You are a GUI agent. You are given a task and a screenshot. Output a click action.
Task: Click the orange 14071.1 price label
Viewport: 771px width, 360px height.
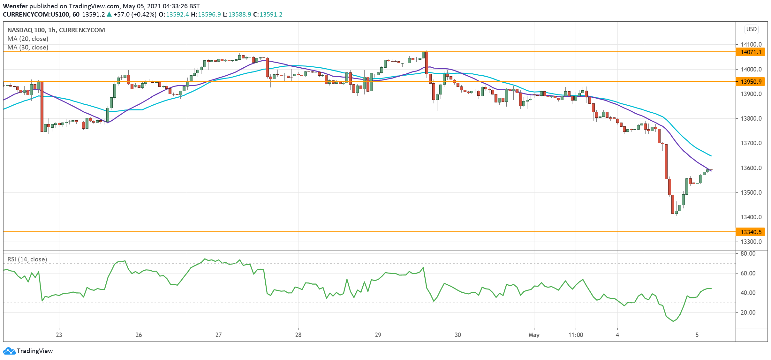(750, 52)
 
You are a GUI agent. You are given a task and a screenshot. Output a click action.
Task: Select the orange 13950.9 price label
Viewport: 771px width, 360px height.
(750, 82)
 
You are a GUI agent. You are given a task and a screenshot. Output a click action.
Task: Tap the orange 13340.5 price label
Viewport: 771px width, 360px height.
(750, 232)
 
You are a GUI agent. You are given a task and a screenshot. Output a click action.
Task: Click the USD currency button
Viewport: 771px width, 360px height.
(751, 29)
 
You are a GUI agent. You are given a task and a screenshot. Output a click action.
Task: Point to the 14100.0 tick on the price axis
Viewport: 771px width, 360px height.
(751, 44)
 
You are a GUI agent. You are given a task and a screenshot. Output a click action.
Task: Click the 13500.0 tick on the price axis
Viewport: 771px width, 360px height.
(751, 192)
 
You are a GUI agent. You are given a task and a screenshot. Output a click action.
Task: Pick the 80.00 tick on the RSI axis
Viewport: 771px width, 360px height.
(748, 253)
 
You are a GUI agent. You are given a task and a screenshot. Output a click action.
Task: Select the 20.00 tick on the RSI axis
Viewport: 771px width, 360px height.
(748, 312)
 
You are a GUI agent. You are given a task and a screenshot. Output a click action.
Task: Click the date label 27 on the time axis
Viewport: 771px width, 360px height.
(218, 335)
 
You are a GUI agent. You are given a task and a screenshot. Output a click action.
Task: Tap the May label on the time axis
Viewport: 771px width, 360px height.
(534, 335)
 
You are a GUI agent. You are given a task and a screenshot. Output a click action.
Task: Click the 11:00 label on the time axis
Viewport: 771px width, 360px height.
(576, 335)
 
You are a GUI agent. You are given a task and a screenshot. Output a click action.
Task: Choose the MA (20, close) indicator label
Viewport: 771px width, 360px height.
(28, 39)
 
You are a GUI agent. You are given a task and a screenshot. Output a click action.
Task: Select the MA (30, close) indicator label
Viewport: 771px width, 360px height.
(28, 47)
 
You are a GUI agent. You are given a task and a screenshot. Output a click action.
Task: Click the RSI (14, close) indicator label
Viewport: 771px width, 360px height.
(27, 259)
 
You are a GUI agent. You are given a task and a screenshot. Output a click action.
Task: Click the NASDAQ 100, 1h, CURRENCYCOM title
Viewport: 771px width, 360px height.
(56, 30)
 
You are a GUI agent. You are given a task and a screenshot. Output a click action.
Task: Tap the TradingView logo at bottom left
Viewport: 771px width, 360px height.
(28, 351)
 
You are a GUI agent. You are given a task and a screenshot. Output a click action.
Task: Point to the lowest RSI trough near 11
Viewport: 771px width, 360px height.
(673, 321)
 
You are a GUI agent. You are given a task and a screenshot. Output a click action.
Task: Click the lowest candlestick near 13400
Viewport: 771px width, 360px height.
(673, 204)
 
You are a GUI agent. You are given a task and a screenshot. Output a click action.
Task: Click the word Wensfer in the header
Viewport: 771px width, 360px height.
(15, 6)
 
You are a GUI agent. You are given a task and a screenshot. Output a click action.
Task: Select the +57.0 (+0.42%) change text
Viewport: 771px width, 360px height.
(135, 14)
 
